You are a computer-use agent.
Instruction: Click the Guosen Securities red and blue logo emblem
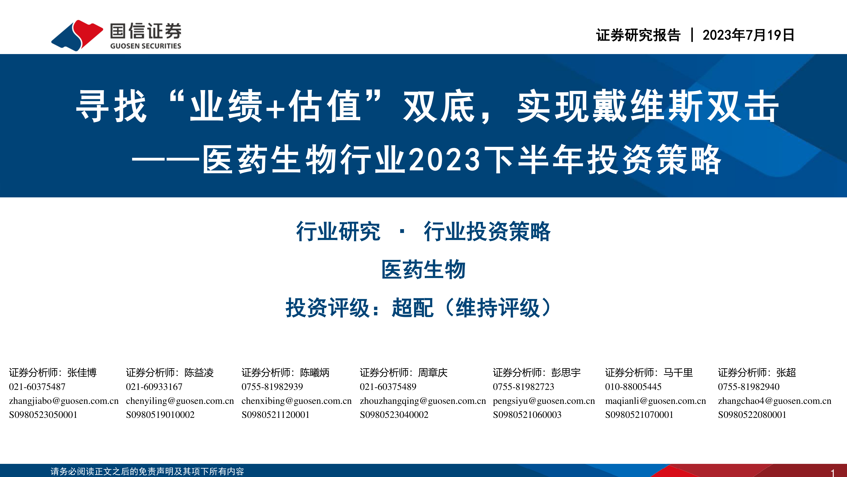[x=77, y=35]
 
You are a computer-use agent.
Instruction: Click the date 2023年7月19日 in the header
[x=748, y=35]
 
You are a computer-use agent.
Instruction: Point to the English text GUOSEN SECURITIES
[x=146, y=46]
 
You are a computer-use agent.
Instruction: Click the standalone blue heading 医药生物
[x=423, y=270]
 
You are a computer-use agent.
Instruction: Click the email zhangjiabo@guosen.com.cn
[x=64, y=401]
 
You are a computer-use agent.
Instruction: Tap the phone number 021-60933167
[x=154, y=387]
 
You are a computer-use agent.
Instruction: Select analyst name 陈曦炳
[x=315, y=373]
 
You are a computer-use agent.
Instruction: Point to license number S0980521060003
[x=527, y=415]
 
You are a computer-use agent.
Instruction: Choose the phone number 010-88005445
[x=633, y=387]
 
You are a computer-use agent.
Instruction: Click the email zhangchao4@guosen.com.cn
[x=775, y=401]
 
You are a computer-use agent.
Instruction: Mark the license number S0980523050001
[x=43, y=415]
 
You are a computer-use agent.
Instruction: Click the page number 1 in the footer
[x=833, y=473]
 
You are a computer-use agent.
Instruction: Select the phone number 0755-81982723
[x=523, y=387]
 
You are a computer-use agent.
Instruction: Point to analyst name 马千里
[x=678, y=373]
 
